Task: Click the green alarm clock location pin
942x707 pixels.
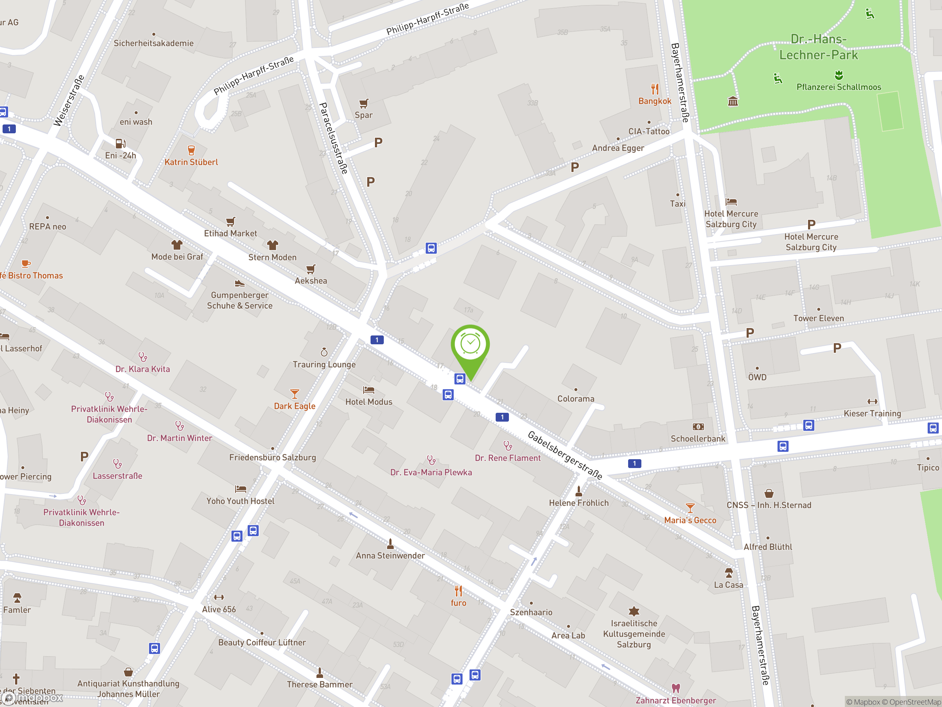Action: tap(470, 345)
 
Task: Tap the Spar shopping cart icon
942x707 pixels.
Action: tap(363, 103)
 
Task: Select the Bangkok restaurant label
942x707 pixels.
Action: tap(655, 101)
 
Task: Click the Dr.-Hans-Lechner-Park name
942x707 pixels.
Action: tap(818, 47)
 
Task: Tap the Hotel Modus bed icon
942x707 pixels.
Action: tap(368, 390)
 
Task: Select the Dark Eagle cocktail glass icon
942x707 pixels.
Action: tap(294, 394)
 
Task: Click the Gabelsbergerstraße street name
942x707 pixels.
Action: tap(565, 455)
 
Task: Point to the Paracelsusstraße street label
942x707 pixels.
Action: tap(334, 138)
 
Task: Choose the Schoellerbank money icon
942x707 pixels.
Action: tap(698, 426)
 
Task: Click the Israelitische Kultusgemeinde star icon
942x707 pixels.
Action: tap(634, 611)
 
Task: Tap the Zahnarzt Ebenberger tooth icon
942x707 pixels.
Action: tap(676, 688)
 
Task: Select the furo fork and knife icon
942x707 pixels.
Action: tap(458, 591)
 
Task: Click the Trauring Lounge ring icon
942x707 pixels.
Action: tap(324, 352)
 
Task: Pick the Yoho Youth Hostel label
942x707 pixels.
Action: tap(240, 501)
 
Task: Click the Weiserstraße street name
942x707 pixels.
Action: tap(68, 101)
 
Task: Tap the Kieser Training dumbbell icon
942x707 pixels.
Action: tap(872, 401)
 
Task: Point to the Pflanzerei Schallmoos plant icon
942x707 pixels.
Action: tap(839, 75)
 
